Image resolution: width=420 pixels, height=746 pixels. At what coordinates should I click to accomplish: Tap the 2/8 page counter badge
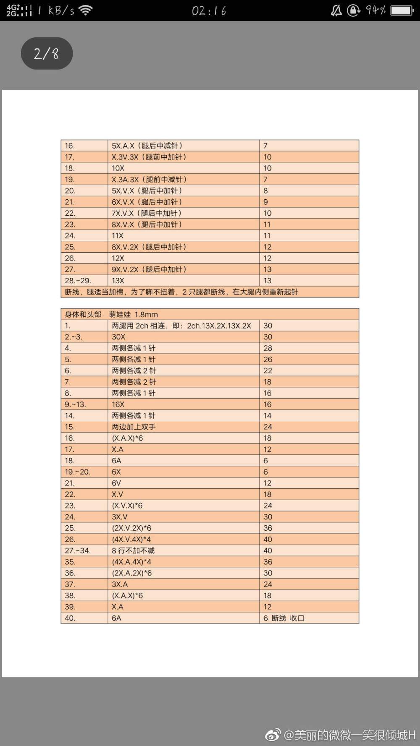coord(47,54)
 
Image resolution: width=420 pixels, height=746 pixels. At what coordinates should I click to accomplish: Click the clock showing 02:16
coord(209,10)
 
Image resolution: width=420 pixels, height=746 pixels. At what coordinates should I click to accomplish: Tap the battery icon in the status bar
coord(402,10)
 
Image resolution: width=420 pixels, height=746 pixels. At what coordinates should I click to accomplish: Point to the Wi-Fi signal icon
coord(85,10)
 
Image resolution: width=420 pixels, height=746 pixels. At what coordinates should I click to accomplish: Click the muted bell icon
coord(336,10)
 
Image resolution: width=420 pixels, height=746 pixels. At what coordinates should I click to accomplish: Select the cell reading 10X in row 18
coord(118,168)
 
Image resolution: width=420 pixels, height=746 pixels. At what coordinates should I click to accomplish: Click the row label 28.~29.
coord(78,281)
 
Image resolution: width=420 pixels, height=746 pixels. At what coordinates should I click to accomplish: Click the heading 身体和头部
coord(83,314)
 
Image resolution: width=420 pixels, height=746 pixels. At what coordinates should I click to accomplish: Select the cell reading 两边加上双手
coord(134,427)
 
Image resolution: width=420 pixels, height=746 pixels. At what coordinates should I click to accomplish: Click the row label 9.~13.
coord(75,404)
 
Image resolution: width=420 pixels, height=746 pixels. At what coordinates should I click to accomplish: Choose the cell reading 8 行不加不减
coord(133,550)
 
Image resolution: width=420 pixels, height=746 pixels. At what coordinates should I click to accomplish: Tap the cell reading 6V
coord(116,483)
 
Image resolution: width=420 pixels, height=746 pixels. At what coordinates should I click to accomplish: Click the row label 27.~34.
coord(78,550)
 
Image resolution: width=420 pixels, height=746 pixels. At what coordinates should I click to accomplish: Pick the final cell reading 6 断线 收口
coord(283,618)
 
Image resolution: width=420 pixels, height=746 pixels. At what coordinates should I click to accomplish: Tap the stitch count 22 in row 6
coord(268,370)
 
